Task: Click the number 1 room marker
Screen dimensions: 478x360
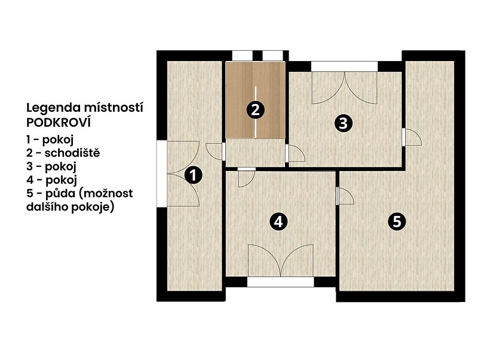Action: pos(193,175)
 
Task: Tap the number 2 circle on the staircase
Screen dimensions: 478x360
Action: pos(255,110)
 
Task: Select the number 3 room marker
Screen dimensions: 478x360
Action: pos(343,124)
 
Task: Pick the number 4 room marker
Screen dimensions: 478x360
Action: pos(278,222)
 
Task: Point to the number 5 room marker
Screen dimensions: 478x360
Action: pos(397,221)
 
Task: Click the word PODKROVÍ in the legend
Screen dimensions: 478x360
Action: pos(59,123)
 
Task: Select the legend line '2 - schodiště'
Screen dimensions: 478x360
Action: pos(63,152)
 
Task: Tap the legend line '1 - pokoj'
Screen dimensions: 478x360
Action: pos(50,140)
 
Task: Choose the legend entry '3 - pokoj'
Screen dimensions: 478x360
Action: pos(51,167)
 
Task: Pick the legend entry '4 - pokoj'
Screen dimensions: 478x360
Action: pos(51,180)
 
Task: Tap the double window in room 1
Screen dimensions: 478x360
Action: pos(178,174)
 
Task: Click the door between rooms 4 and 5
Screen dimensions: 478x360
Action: pos(345,196)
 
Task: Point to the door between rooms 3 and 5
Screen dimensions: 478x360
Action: pos(412,137)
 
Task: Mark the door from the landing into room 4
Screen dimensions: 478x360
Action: pos(246,177)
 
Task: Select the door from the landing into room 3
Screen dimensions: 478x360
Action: pos(295,153)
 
